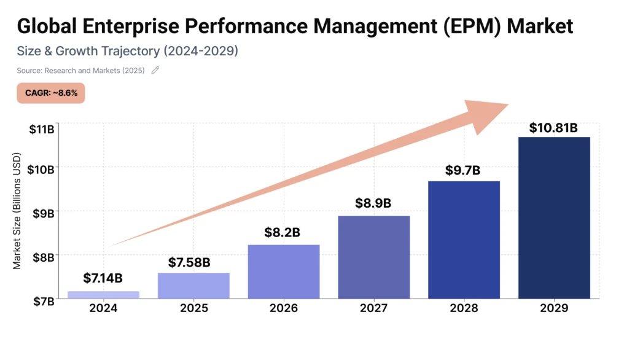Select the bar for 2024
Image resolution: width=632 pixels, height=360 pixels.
tap(103, 295)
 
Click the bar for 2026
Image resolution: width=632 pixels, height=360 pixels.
tap(284, 272)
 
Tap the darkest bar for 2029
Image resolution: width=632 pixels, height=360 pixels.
tap(554, 218)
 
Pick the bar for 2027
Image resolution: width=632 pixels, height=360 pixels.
tap(373, 257)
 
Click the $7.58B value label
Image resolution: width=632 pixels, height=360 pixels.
tap(189, 263)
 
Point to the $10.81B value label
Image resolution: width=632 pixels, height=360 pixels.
tap(553, 128)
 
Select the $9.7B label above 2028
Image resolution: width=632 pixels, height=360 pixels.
tap(464, 171)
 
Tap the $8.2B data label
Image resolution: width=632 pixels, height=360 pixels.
tap(283, 233)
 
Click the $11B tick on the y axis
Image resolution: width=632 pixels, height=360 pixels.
tap(41, 129)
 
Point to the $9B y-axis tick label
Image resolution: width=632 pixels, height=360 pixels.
tap(43, 213)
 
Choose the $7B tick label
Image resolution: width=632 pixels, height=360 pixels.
tap(43, 301)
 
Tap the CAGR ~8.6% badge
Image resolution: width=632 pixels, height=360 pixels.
tap(51, 93)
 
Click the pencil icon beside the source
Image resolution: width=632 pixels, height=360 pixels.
tap(155, 70)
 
